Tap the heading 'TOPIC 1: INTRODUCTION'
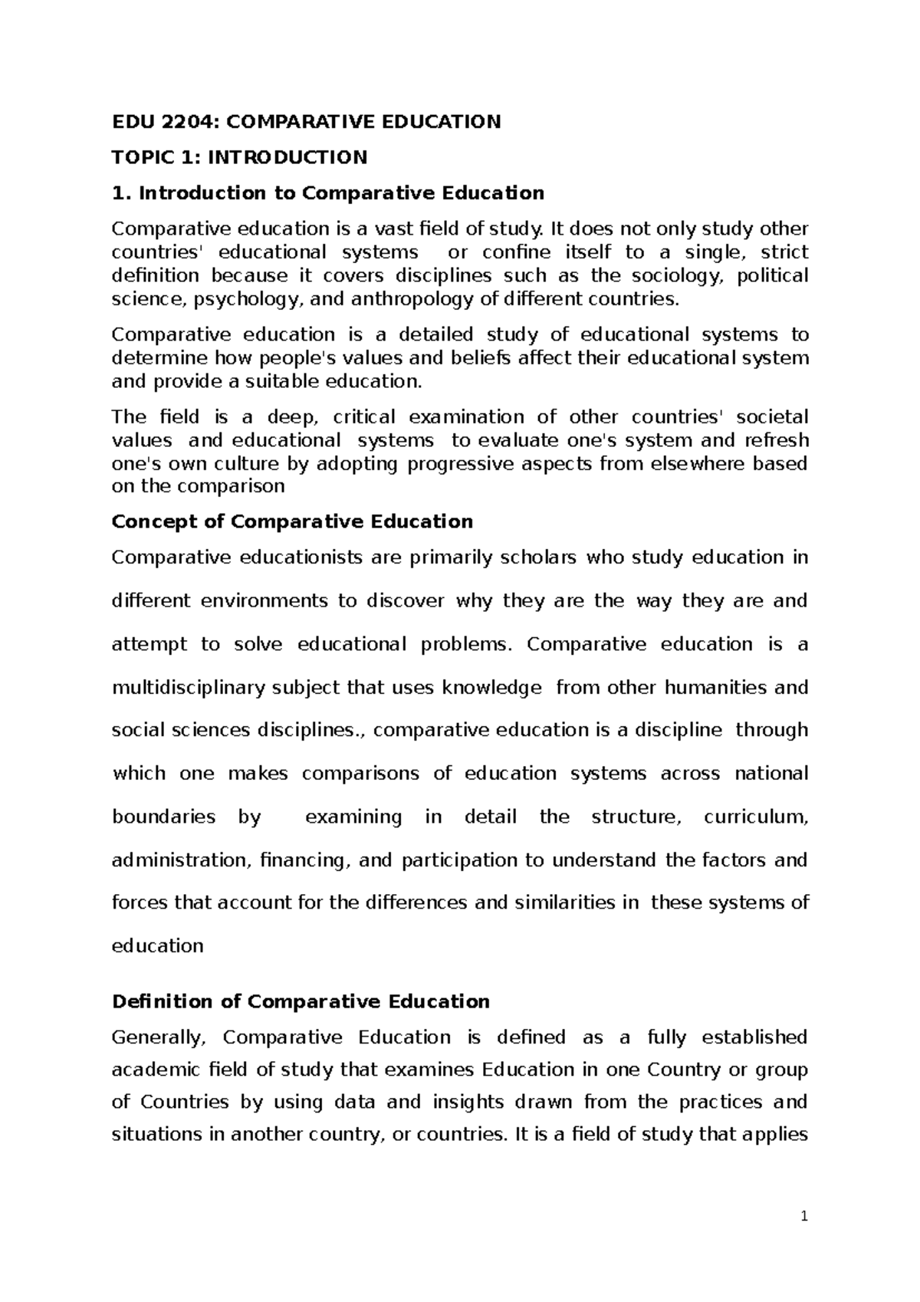click(x=239, y=157)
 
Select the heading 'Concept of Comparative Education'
click(x=292, y=522)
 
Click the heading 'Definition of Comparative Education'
click(x=301, y=1001)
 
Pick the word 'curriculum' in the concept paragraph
click(x=755, y=817)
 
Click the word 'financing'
click(x=307, y=860)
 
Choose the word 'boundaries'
click(x=163, y=817)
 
